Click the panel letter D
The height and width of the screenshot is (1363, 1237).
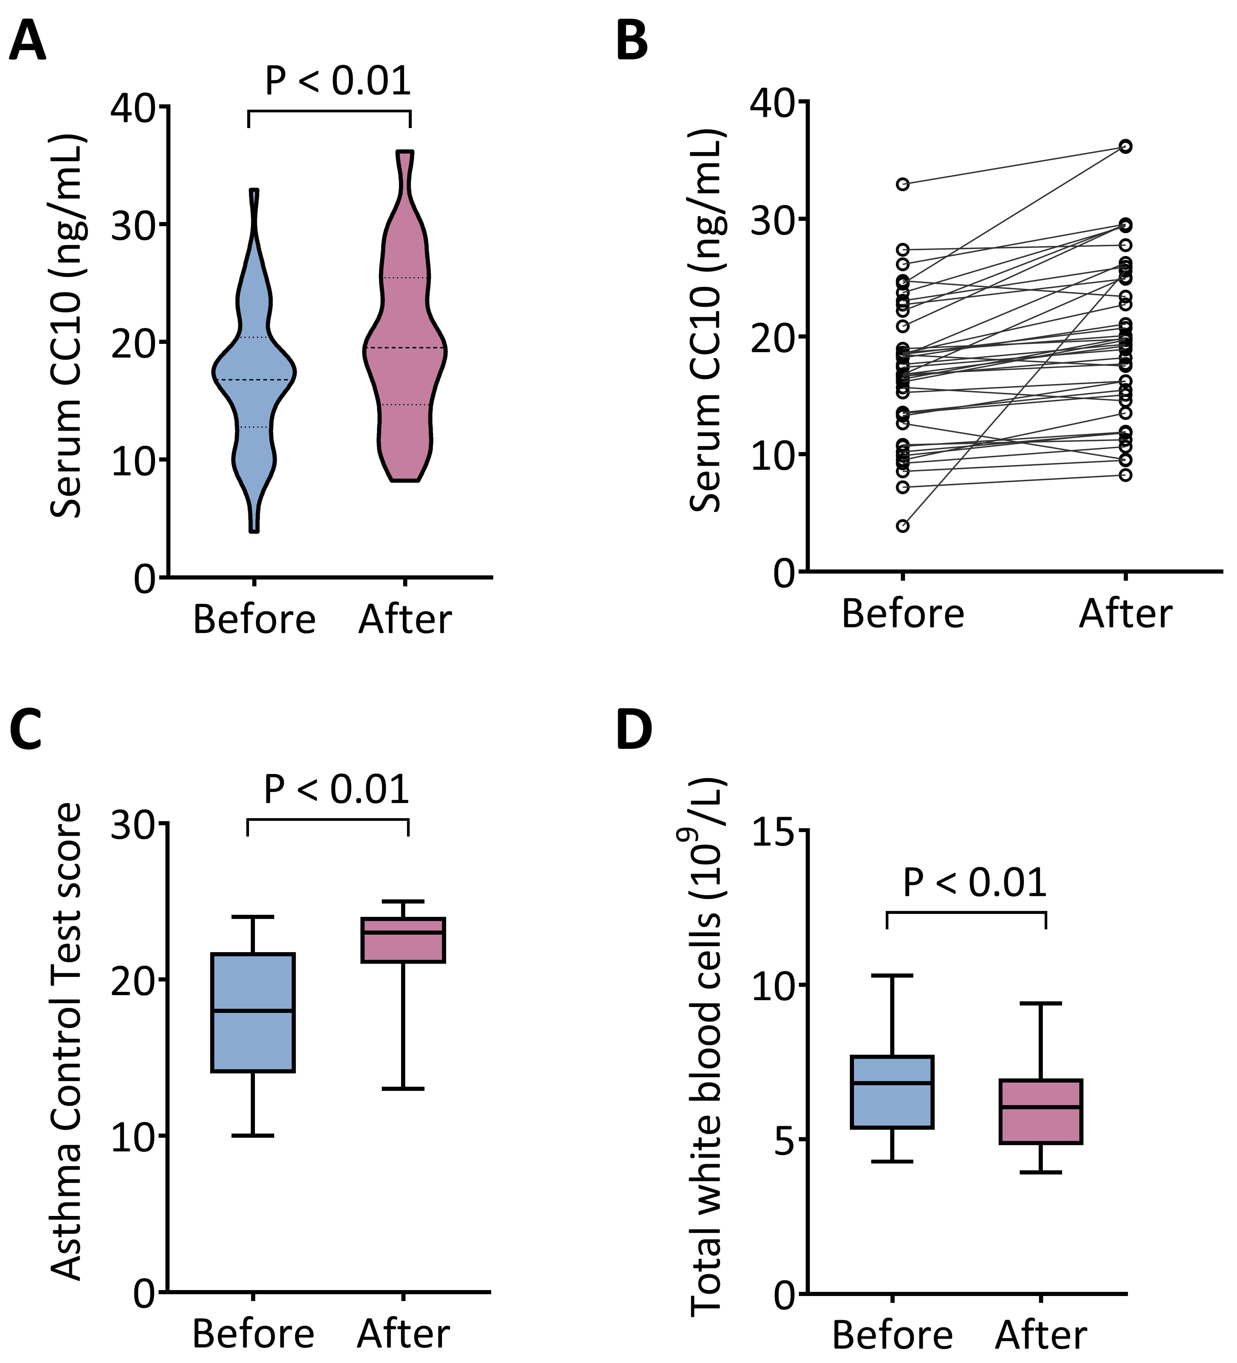point(634,730)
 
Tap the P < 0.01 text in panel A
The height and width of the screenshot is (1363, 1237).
point(337,81)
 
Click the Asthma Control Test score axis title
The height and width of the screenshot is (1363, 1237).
point(66,1041)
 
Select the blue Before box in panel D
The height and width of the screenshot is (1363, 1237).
point(892,1092)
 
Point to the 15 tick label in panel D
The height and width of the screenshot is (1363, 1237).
point(771,831)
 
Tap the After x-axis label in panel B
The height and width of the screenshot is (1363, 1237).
point(1125,614)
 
